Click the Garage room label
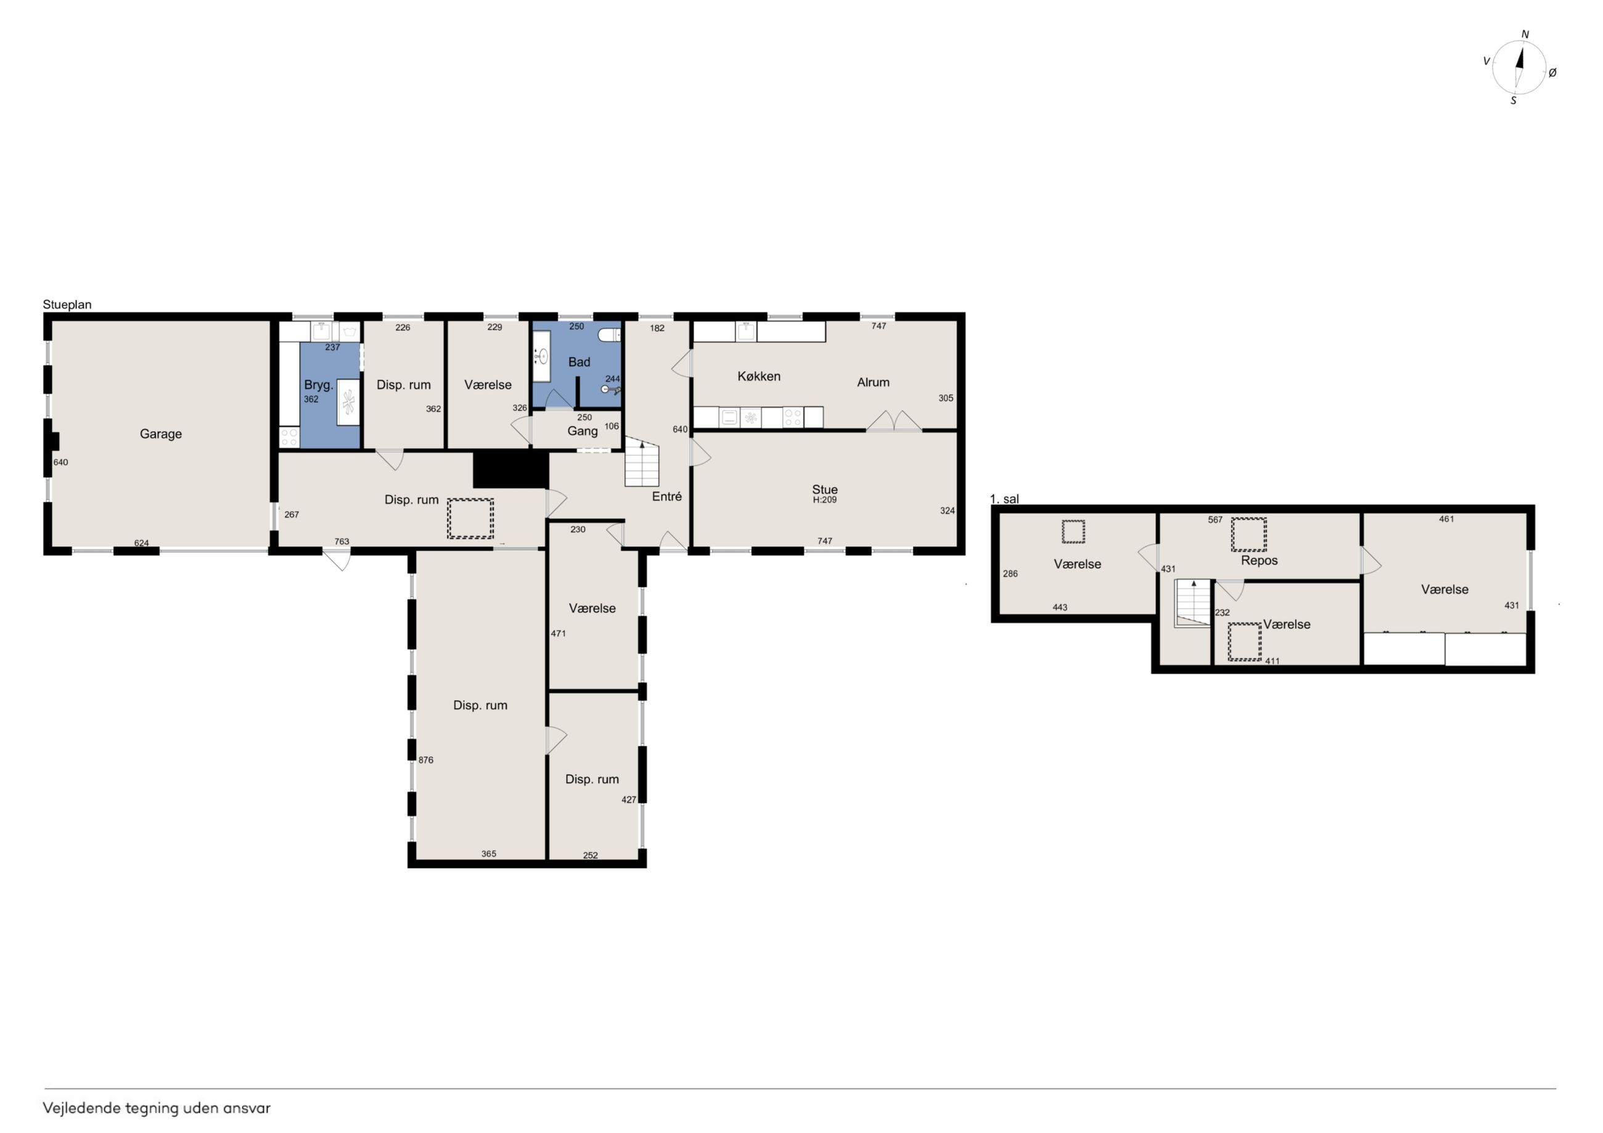[x=160, y=434]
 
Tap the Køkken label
[x=759, y=376]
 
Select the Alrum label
[x=874, y=383]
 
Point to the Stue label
[x=824, y=489]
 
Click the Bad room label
[x=580, y=362]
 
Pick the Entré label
[x=666, y=496]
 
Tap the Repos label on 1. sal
[x=1260, y=560]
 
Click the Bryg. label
[x=318, y=385]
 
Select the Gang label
[x=582, y=432]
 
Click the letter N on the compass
[x=1525, y=34]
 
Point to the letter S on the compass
[x=1514, y=100]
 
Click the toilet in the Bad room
[x=610, y=334]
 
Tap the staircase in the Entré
[x=642, y=462]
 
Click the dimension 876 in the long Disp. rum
[x=426, y=760]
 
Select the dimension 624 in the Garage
[x=142, y=543]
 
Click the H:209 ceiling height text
[x=824, y=500]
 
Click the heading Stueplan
[x=67, y=305]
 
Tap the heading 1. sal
[x=1005, y=499]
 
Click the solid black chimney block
[x=510, y=469]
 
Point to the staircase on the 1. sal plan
[x=1192, y=603]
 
